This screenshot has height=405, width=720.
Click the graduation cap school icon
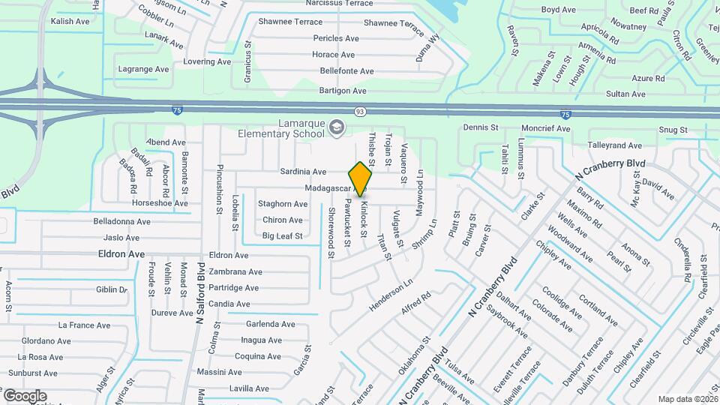pyautogui.click(x=336, y=128)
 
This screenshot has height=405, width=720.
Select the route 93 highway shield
pyautogui.click(x=361, y=112)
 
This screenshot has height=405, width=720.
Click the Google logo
pyautogui.click(x=25, y=395)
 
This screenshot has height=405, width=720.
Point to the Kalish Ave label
pyautogui.click(x=70, y=22)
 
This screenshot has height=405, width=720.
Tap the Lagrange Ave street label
pyautogui.click(x=143, y=69)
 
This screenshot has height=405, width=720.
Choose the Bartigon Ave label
pyautogui.click(x=346, y=89)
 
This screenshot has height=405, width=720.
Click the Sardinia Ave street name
pyautogui.click(x=303, y=172)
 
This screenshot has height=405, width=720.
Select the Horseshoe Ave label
pyautogui.click(x=159, y=203)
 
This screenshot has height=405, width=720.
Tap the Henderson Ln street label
pyautogui.click(x=391, y=296)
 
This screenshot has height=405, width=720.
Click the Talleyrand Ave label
pyautogui.click(x=615, y=145)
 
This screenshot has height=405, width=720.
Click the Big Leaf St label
pyautogui.click(x=282, y=236)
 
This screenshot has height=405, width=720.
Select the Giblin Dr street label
pyautogui.click(x=112, y=289)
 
